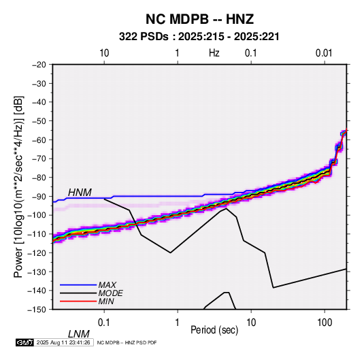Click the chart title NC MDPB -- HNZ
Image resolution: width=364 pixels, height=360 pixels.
tap(199, 19)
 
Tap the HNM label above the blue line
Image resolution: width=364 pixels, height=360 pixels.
tap(80, 193)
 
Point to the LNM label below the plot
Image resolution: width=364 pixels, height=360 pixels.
tap(79, 334)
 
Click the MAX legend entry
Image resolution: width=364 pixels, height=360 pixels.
tap(107, 285)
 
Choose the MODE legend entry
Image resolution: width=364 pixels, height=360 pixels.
tap(110, 293)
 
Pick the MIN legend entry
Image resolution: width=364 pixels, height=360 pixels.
tap(106, 301)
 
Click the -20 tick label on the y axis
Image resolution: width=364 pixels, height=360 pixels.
tap(39, 65)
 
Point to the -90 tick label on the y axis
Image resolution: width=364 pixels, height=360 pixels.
tap(39, 197)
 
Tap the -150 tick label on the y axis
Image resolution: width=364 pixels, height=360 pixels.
tap(37, 310)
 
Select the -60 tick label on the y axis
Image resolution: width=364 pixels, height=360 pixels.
tap(39, 140)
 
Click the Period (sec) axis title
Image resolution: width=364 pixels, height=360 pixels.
tap(214, 330)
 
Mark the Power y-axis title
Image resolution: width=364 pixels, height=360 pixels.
tap(18, 187)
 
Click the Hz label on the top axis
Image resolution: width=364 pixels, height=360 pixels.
tap(214, 53)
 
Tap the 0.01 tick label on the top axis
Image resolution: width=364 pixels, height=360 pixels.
tap(324, 53)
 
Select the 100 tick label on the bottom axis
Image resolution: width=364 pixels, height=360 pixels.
tap(325, 322)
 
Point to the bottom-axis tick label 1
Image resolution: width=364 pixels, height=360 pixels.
tap(178, 322)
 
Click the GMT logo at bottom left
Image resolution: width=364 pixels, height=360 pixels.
tap(25, 342)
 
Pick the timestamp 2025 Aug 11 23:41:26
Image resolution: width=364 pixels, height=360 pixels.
tap(63, 342)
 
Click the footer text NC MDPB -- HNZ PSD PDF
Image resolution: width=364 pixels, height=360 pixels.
tap(127, 342)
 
